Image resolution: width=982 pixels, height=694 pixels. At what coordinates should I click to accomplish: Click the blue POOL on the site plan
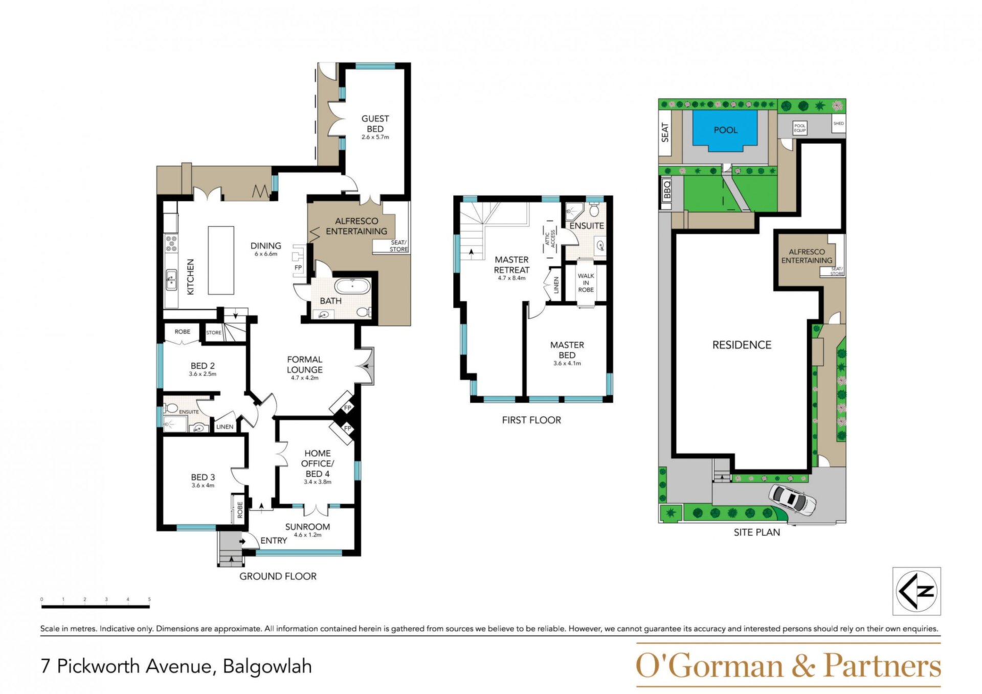[x=725, y=130]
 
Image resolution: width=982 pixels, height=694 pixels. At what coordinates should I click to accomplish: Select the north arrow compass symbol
[x=917, y=591]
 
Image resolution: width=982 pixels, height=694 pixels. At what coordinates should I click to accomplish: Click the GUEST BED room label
[x=375, y=124]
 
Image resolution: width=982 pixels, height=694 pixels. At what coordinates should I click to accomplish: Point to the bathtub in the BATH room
[x=352, y=286]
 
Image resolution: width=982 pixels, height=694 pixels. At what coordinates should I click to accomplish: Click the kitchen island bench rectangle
[x=221, y=260]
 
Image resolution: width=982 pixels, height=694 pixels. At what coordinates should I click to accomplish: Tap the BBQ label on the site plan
[x=666, y=190]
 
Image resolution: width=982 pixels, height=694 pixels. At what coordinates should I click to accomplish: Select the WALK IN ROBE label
[x=586, y=283]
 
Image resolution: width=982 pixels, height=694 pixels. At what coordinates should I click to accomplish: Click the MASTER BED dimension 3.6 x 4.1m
[x=567, y=364]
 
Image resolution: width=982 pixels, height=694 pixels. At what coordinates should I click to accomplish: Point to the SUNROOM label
[x=307, y=527]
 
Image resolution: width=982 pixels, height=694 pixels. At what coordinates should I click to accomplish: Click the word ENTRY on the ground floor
[x=274, y=541]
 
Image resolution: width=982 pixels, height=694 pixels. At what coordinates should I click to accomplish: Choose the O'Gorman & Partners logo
[x=788, y=666]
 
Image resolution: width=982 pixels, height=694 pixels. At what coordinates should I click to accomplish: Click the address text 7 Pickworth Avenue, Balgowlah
[x=176, y=666]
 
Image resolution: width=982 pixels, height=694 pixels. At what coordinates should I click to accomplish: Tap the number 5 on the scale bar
[x=149, y=599]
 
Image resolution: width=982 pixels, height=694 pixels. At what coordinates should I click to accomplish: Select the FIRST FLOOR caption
[x=531, y=420]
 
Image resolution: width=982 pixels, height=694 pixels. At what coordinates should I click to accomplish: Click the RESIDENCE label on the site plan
[x=742, y=345]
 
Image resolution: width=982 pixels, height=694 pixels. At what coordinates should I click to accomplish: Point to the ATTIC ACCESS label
[x=550, y=239]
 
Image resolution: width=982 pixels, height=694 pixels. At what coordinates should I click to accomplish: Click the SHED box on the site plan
[x=839, y=123]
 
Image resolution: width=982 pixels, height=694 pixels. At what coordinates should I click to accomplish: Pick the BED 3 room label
[x=203, y=477]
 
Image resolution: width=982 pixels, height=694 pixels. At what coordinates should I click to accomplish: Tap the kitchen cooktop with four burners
[x=171, y=243]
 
